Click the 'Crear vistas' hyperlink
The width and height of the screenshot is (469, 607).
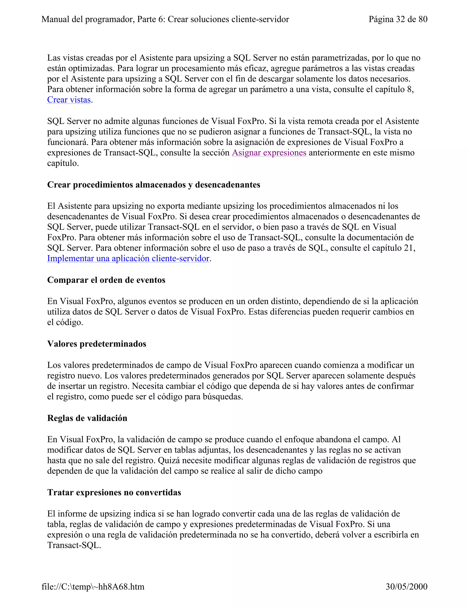(69, 100)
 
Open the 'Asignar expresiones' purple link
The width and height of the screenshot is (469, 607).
(269, 153)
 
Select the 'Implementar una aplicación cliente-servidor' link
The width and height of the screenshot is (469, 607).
(128, 258)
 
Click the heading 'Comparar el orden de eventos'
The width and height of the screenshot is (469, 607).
(106, 280)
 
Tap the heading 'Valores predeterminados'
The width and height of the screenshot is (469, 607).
(97, 344)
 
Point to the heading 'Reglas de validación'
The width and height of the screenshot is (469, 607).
(87, 418)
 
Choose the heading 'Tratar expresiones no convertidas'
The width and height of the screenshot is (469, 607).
(114, 492)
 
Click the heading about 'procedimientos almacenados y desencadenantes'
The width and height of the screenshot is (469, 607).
(154, 185)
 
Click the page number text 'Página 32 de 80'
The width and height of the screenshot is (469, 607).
(398, 19)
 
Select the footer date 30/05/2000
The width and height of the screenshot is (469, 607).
(406, 587)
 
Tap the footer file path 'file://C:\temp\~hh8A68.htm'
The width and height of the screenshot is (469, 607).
(93, 587)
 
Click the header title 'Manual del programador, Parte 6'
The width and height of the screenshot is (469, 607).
(165, 19)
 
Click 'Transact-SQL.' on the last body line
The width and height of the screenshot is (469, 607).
(74, 545)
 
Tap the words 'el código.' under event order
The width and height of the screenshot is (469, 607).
(65, 323)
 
